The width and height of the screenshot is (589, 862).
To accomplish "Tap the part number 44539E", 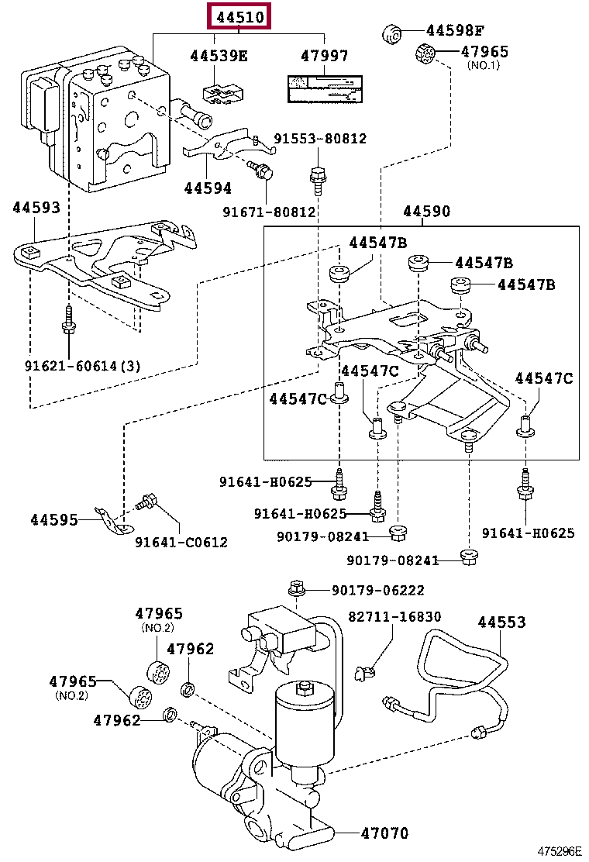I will tap(219, 56).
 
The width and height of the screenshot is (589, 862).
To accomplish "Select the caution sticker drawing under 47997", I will tap(324, 91).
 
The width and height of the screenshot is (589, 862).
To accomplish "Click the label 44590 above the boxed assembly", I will tap(425, 212).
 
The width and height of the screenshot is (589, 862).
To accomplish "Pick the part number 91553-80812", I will tap(319, 139).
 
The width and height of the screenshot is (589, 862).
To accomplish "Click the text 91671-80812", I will tap(269, 211).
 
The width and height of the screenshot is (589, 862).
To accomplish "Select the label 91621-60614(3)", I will tap(82, 365).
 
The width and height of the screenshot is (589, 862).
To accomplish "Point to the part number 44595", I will tap(54, 519).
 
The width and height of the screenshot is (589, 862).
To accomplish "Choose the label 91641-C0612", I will tap(181, 543).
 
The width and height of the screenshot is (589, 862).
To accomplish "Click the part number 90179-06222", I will tap(377, 591).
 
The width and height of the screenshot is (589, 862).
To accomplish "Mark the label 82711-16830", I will tap(394, 617).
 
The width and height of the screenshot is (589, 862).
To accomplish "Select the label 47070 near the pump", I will tap(384, 833).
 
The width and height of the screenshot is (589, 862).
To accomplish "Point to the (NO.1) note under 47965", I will tap(484, 65).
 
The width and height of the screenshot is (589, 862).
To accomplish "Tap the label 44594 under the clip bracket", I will tap(208, 188).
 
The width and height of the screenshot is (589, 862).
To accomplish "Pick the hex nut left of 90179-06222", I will tap(296, 589).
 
